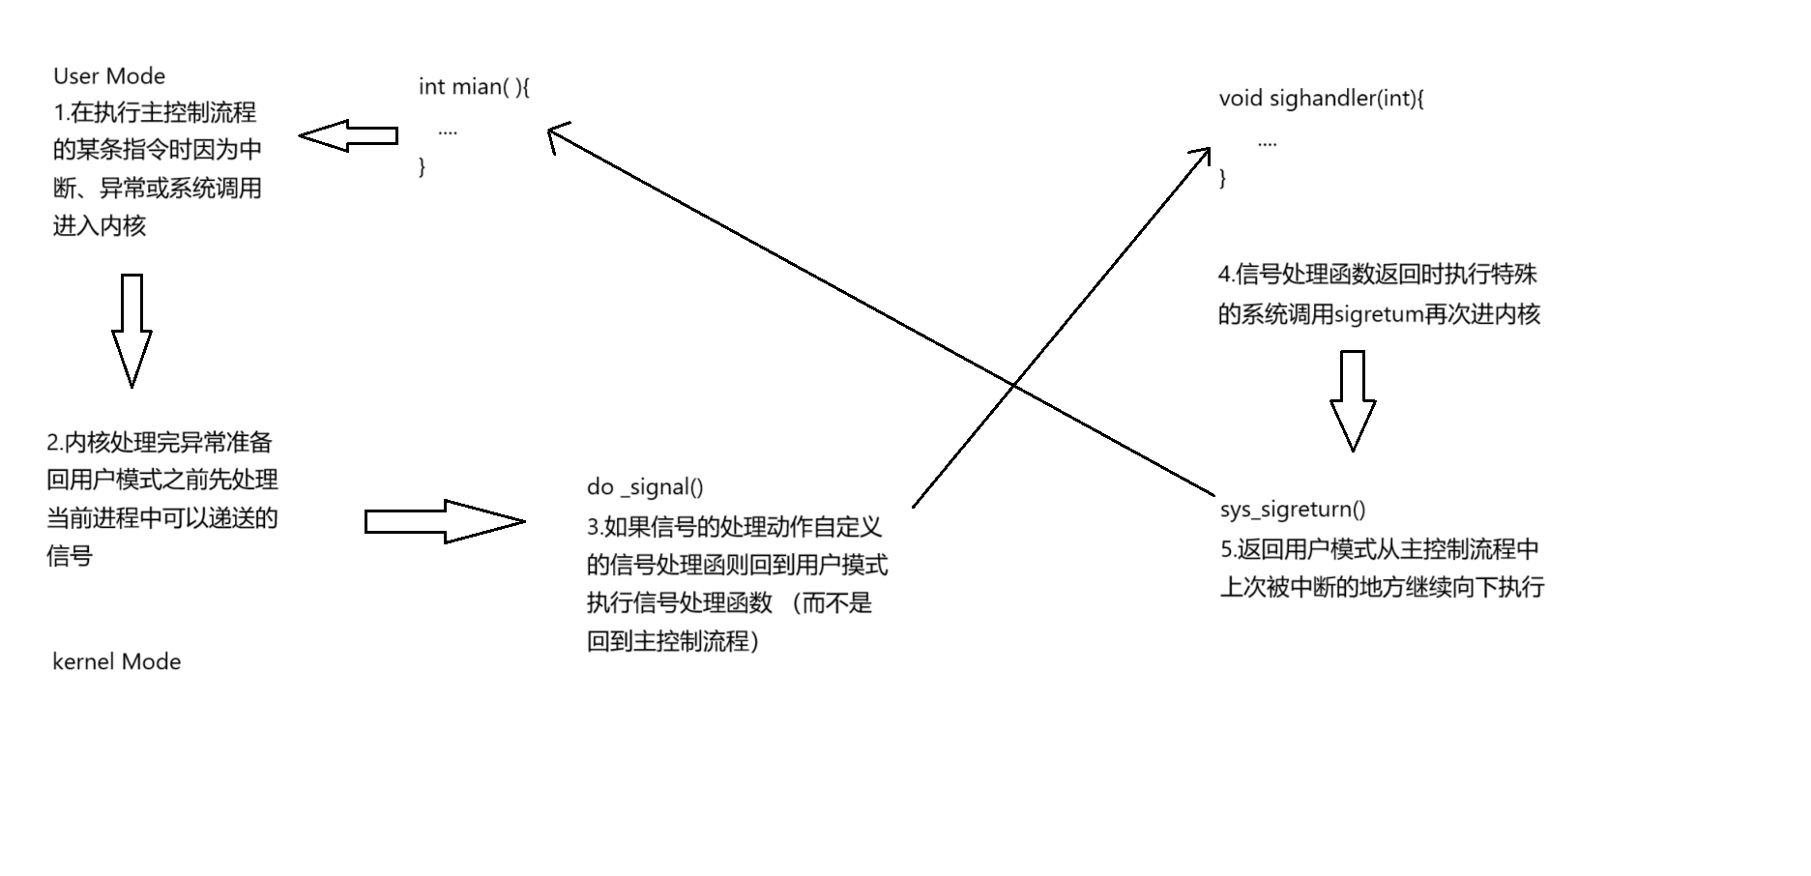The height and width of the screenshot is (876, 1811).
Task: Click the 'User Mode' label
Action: click(x=108, y=76)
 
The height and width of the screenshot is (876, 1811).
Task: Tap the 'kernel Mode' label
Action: click(x=116, y=662)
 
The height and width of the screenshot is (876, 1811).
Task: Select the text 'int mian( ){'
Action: click(x=474, y=87)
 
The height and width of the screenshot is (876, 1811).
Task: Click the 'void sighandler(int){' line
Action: click(x=1321, y=99)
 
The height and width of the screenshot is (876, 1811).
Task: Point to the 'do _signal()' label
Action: click(x=645, y=487)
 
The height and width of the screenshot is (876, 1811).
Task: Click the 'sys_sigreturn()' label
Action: click(x=1293, y=510)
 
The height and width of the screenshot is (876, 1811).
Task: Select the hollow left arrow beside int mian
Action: click(x=347, y=136)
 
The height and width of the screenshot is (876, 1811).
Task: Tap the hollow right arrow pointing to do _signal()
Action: click(x=444, y=522)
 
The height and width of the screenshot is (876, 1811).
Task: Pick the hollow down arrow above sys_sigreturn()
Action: click(x=1352, y=400)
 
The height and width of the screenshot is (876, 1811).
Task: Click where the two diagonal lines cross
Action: click(x=1013, y=386)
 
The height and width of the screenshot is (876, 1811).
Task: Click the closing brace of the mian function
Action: click(x=422, y=167)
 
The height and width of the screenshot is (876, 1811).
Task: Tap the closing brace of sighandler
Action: click(x=1223, y=178)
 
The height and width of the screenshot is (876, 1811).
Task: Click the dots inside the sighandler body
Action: click(x=1267, y=143)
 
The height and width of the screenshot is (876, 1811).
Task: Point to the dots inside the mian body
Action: click(x=447, y=131)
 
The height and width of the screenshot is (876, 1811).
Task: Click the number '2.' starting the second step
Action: click(x=54, y=444)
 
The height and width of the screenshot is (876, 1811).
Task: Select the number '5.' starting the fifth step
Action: click(x=1228, y=550)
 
